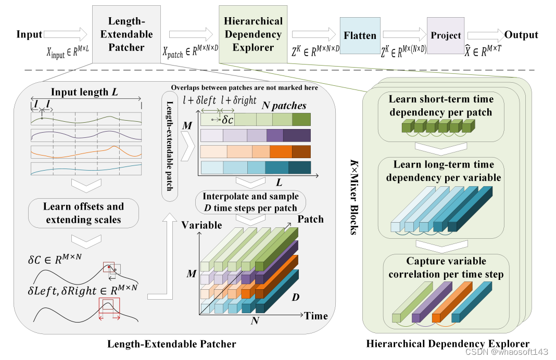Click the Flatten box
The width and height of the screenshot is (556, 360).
[x=360, y=36]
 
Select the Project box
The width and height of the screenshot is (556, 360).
[x=446, y=36]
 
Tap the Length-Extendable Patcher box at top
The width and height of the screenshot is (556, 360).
[x=126, y=34]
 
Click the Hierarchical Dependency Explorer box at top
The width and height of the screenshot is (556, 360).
[x=253, y=34]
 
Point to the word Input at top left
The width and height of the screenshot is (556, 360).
[x=29, y=35]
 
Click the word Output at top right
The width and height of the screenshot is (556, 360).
[x=521, y=35]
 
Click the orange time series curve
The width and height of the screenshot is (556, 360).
[x=86, y=152]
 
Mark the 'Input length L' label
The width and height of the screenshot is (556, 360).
[x=83, y=92]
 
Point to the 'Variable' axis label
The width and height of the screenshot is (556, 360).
[x=201, y=225]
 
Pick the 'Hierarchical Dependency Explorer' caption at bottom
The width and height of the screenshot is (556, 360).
[x=448, y=344]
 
